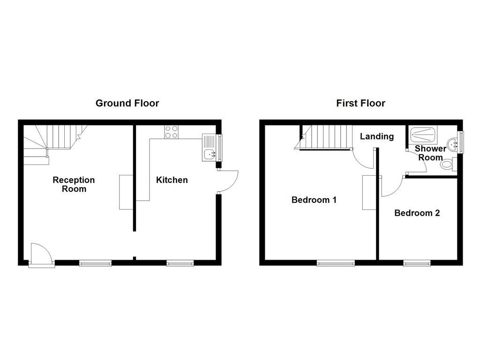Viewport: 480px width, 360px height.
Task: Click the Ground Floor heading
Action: pyautogui.click(x=127, y=103)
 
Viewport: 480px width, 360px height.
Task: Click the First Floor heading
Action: pyautogui.click(x=360, y=103)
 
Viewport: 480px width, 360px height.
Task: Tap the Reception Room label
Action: pyautogui.click(x=74, y=184)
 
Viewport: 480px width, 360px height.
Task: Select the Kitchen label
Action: pyautogui.click(x=172, y=180)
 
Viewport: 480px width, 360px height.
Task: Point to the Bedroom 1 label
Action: pyautogui.click(x=314, y=200)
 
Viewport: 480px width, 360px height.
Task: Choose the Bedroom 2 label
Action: pyautogui.click(x=417, y=213)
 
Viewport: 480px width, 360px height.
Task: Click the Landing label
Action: pyautogui.click(x=376, y=136)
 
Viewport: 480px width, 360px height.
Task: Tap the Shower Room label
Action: pyautogui.click(x=430, y=153)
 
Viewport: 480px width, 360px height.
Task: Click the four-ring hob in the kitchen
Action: pyautogui.click(x=172, y=132)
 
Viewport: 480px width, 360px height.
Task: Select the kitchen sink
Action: pyautogui.click(x=209, y=148)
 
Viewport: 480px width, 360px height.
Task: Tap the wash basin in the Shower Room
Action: pyautogui.click(x=452, y=143)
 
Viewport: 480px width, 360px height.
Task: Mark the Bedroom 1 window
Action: pyautogui.click(x=336, y=263)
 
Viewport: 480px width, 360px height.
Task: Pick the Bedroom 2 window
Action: pyautogui.click(x=417, y=263)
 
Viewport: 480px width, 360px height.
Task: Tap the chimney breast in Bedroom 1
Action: pyautogui.click(x=368, y=192)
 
